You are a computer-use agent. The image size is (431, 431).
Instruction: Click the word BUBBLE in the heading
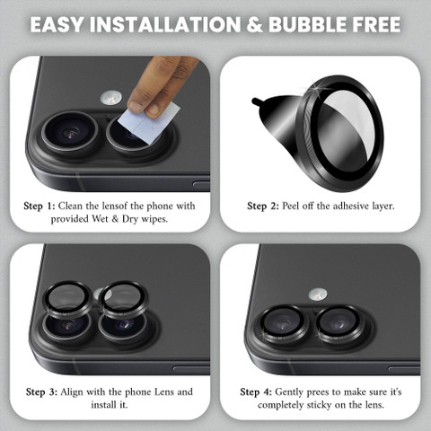307,24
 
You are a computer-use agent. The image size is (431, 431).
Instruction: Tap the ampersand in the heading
254,25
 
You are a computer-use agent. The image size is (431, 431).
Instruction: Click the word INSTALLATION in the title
165,24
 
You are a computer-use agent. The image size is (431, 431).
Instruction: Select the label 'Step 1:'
40,207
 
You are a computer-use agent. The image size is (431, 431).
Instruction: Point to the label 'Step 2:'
263,207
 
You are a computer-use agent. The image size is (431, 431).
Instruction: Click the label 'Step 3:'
41,392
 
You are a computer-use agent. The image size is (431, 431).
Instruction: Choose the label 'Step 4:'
256,392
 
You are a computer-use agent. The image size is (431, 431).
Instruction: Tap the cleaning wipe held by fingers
149,122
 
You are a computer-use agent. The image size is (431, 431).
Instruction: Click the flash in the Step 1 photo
111,98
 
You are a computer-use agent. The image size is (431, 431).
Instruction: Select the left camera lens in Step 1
70,132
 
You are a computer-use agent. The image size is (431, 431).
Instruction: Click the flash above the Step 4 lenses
318,295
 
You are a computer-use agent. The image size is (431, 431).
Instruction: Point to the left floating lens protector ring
68,299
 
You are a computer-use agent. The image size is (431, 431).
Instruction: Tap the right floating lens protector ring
123,299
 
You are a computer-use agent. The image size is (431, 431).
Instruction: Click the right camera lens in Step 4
339,324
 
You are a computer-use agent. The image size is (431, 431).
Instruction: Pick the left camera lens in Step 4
283,324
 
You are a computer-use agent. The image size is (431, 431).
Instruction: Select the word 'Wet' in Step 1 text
101,219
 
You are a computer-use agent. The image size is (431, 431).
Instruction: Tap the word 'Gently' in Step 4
289,392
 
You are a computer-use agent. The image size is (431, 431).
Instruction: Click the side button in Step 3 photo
191,369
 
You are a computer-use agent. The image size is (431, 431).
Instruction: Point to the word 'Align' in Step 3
72,392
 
